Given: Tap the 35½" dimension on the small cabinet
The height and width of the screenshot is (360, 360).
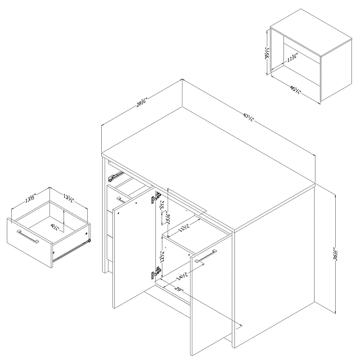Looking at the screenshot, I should pyautogui.click(x=267, y=54).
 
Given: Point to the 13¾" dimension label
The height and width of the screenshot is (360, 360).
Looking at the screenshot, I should pyautogui.click(x=182, y=228).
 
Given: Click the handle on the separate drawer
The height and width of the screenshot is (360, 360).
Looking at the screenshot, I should pyautogui.click(x=27, y=237).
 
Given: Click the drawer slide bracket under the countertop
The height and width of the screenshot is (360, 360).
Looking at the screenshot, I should pyautogui.click(x=116, y=174).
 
